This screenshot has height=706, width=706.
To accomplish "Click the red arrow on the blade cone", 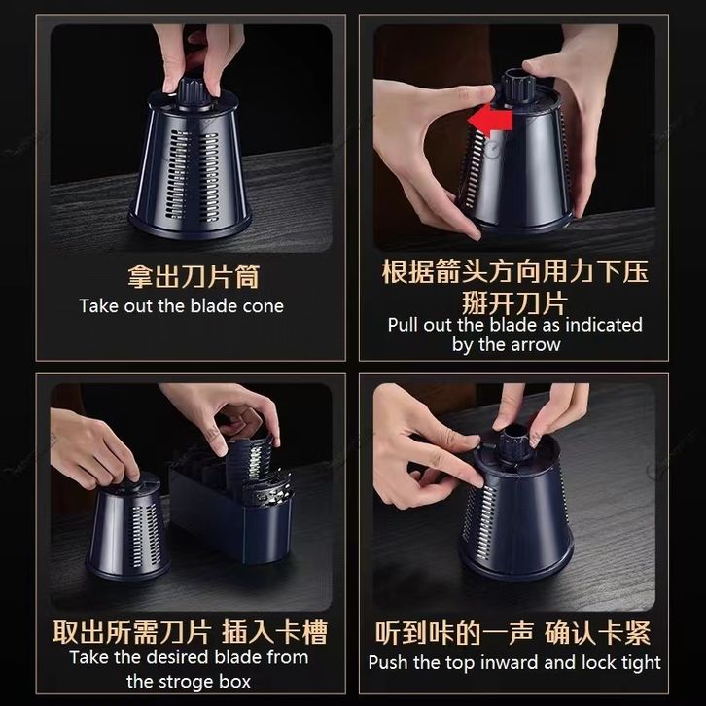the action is point(490,121).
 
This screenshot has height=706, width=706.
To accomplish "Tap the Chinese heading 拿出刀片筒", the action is point(194,276).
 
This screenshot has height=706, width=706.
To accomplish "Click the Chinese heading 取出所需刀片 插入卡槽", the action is point(190,632).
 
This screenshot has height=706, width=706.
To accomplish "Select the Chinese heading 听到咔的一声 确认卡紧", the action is point(512,633).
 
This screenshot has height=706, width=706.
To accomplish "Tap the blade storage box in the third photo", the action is point(231,513).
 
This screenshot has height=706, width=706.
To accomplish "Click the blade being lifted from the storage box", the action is point(249,461).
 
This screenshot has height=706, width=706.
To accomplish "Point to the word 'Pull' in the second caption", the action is point(404,325).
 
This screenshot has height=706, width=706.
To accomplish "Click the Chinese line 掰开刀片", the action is point(513,303).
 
